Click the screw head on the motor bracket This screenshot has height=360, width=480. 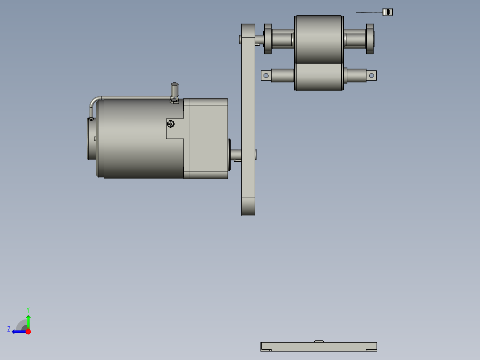[x=171, y=123]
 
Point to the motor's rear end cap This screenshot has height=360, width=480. [x=91, y=138]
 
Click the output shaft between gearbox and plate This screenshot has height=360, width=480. [x=236, y=155]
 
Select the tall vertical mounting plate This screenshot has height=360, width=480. [x=248, y=120]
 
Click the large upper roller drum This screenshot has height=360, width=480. [x=318, y=39]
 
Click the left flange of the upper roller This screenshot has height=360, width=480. [x=268, y=39]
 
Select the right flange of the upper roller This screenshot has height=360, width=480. [x=370, y=39]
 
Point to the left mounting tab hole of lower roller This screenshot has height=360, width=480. [x=266, y=76]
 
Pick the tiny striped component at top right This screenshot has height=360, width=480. [x=388, y=12]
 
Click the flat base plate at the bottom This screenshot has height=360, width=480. [x=318, y=347]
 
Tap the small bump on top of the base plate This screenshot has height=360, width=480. [x=318, y=341]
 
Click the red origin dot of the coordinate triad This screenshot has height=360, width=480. [x=28, y=331]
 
